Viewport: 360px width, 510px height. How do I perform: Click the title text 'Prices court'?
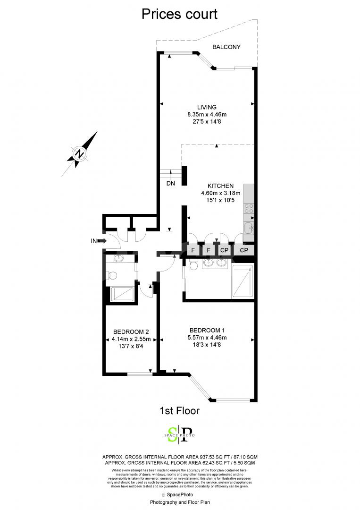point(180,14)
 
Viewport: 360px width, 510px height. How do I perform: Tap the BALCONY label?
point(226,47)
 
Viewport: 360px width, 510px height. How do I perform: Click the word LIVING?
point(207,107)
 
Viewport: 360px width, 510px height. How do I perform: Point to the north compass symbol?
point(80,154)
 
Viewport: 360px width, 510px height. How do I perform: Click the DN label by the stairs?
point(171,183)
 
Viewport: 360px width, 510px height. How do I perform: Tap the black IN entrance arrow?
point(101,241)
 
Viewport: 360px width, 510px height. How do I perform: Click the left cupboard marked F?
point(193,249)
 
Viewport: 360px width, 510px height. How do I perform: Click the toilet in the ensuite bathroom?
point(193,266)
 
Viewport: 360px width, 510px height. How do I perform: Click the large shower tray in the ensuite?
point(243,281)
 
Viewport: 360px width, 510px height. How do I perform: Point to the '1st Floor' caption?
point(180,411)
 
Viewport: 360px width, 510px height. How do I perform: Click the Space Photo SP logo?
point(179,434)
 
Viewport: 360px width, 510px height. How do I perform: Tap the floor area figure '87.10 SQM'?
point(241,457)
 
